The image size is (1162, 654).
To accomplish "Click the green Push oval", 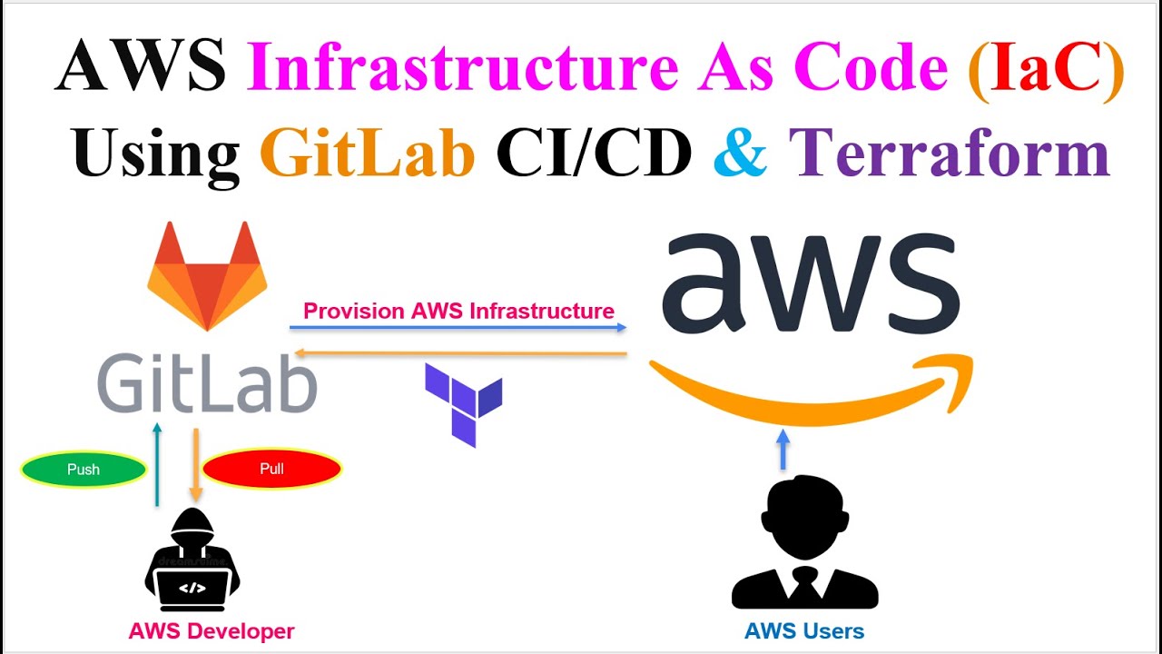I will pyautogui.click(x=84, y=470).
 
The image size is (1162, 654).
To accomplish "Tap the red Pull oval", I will pyautogui.click(x=271, y=469).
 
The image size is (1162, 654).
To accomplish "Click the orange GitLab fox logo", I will pyautogui.click(x=207, y=276).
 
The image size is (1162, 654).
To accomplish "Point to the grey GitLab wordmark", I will pyautogui.click(x=207, y=384).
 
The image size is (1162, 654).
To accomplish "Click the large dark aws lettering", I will pyautogui.click(x=810, y=283).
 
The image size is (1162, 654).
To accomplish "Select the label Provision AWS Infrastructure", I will pyautogui.click(x=458, y=311).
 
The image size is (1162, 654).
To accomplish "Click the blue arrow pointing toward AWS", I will pyautogui.click(x=458, y=326).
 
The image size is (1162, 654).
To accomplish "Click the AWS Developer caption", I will pyautogui.click(x=212, y=630).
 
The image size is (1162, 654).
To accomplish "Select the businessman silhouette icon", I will pyautogui.click(x=804, y=545).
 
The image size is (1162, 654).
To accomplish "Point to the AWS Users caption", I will pyautogui.click(x=804, y=630).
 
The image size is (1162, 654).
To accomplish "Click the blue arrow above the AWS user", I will pyautogui.click(x=784, y=449).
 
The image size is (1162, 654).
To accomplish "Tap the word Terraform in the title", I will pyautogui.click(x=949, y=153).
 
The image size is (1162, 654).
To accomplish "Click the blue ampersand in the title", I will pyautogui.click(x=740, y=153).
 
